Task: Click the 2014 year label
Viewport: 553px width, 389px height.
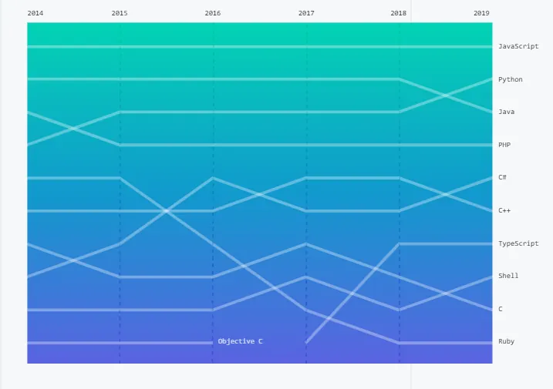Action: coord(35,14)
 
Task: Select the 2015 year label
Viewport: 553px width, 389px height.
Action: coord(120,14)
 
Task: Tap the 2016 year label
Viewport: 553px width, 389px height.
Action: coord(213,14)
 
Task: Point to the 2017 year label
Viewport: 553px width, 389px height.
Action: coord(306,14)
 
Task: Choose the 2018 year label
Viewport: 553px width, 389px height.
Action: coord(399,14)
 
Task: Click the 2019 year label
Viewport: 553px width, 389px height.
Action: coord(481,14)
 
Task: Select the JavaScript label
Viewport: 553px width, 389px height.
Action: coord(518,47)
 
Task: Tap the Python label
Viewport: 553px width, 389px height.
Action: coord(510,79)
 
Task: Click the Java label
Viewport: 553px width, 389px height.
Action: coord(506,112)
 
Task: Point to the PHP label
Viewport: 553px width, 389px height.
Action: coord(504,145)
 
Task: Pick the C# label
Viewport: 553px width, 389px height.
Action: coord(502,178)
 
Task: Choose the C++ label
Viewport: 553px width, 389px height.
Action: coord(504,210)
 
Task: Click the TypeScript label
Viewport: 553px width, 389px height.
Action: coord(518,243)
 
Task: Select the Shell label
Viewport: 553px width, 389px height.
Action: coord(508,276)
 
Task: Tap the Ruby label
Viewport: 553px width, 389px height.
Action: coord(506,341)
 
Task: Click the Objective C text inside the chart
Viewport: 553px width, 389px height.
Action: coord(240,341)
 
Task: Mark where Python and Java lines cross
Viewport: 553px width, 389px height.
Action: coord(446,96)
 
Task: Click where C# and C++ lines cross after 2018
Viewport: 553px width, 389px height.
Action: coord(446,194)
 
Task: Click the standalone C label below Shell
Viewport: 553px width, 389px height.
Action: coord(500,309)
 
